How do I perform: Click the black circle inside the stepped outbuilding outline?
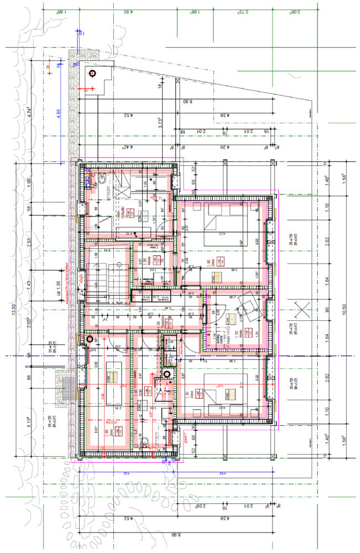tap(92, 73)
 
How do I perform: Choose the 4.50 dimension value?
tap(131, 11)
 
